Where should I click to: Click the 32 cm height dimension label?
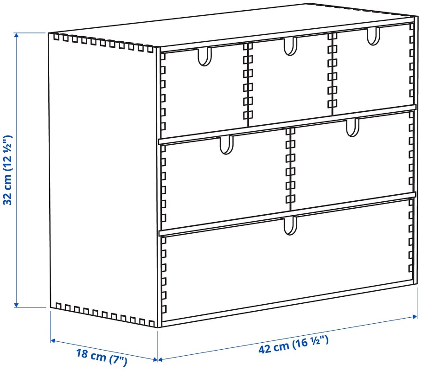tap(7, 170)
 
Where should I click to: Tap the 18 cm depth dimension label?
tap(102, 357)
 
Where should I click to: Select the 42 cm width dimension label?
tap(294, 344)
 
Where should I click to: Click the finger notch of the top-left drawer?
tap(205, 57)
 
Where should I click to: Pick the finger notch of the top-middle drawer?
tap(290, 46)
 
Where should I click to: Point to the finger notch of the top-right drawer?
tap(373, 36)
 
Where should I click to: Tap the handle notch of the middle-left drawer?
tap(226, 145)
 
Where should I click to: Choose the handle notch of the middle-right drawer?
tap(352, 128)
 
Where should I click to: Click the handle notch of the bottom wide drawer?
tap(290, 225)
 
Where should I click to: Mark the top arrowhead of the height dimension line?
tap(17, 35)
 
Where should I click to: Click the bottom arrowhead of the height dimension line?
tap(16, 305)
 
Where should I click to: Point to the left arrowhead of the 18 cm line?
tap(53, 340)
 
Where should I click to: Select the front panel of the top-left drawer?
tap(204, 91)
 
